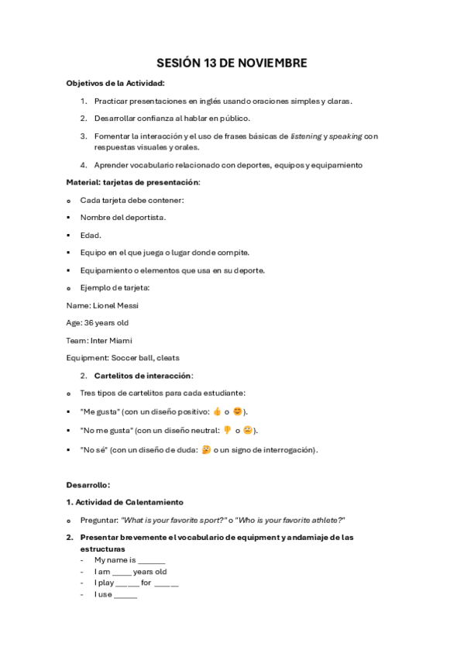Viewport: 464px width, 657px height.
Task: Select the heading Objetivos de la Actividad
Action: click(x=115, y=83)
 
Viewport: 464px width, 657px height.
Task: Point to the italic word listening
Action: click(x=306, y=136)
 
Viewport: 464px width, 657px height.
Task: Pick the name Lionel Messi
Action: click(x=115, y=306)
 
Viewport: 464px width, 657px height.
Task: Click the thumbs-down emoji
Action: click(x=227, y=430)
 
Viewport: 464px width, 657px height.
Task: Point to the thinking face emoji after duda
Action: click(x=206, y=449)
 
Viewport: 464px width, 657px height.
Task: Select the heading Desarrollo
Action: click(x=88, y=485)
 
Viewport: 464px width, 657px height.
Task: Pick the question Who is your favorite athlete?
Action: click(x=286, y=520)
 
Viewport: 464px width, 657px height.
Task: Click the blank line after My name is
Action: click(x=152, y=560)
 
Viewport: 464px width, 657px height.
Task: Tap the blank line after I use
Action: click(x=125, y=595)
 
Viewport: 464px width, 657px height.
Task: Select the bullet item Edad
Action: click(x=91, y=235)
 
